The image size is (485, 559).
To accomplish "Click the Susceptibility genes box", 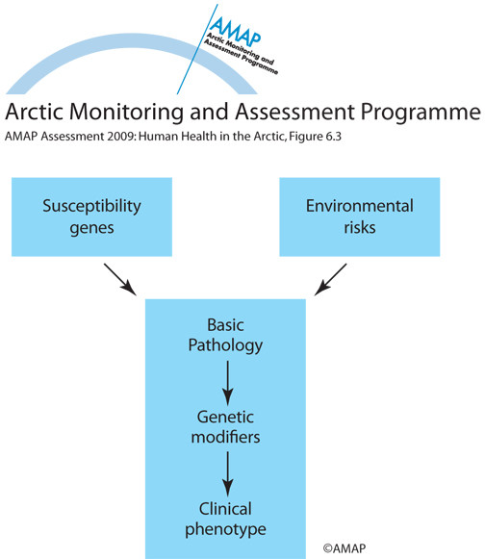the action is (x=91, y=216).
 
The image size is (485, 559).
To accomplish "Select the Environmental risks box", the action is (x=360, y=216).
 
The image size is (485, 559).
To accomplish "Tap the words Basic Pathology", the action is (x=225, y=336).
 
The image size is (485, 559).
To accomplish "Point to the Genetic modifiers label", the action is (x=225, y=427).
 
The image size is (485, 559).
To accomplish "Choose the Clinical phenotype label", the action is (x=225, y=520).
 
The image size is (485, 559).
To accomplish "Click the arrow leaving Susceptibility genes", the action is (x=120, y=279).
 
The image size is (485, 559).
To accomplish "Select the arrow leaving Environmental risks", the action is (x=330, y=279).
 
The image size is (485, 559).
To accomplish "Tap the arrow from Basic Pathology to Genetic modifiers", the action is (x=227, y=383).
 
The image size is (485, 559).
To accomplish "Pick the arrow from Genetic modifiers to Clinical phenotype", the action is (x=227, y=474).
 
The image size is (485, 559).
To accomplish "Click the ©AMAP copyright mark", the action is (x=345, y=548).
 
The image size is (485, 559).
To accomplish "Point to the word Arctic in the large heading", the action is (x=35, y=112).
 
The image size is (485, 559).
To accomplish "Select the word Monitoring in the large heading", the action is (x=127, y=114).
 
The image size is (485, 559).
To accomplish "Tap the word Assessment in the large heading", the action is (x=294, y=112).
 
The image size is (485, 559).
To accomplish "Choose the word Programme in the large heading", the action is (x=421, y=114).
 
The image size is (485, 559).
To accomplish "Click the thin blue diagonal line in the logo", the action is (x=197, y=49).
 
